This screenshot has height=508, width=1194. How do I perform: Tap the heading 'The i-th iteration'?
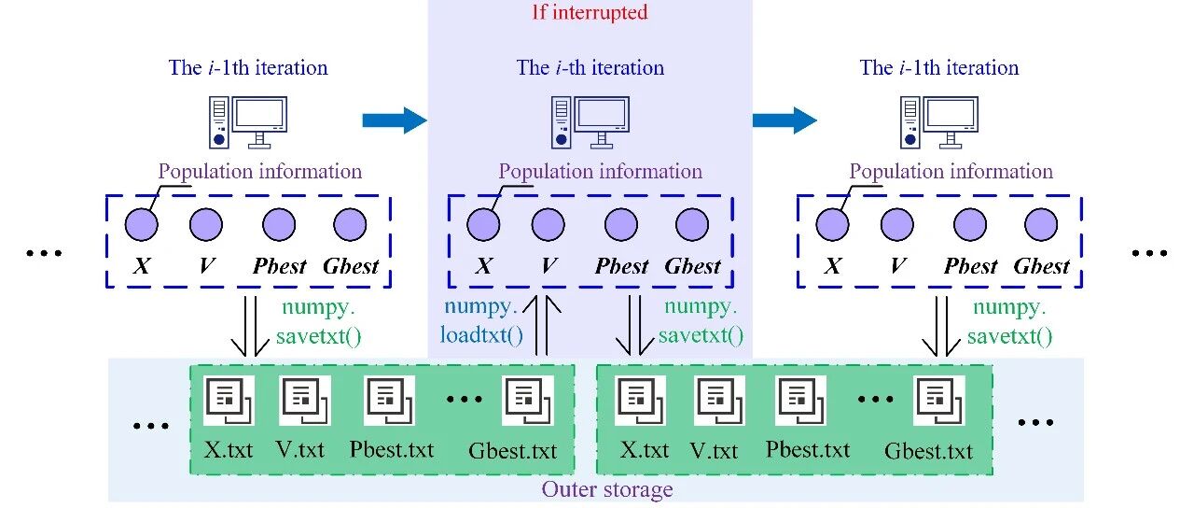point(590,68)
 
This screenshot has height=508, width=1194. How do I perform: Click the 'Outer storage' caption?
point(607,489)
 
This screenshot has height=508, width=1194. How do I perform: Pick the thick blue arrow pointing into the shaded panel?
point(394,120)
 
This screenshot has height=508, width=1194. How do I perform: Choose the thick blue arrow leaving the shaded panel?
point(784,120)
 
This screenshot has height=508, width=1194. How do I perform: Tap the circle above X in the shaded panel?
point(483,225)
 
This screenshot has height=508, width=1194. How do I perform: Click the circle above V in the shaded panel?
point(548,225)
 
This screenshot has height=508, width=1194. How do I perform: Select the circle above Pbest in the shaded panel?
point(621,225)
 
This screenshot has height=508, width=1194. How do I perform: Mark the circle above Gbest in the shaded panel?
point(692,225)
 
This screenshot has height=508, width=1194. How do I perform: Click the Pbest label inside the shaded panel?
point(621,266)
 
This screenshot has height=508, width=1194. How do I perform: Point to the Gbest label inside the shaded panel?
point(692,266)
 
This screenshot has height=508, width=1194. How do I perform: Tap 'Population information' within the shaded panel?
point(600,172)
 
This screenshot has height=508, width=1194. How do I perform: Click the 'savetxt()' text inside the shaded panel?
point(701,334)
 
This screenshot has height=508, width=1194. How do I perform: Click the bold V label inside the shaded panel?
point(548,266)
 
